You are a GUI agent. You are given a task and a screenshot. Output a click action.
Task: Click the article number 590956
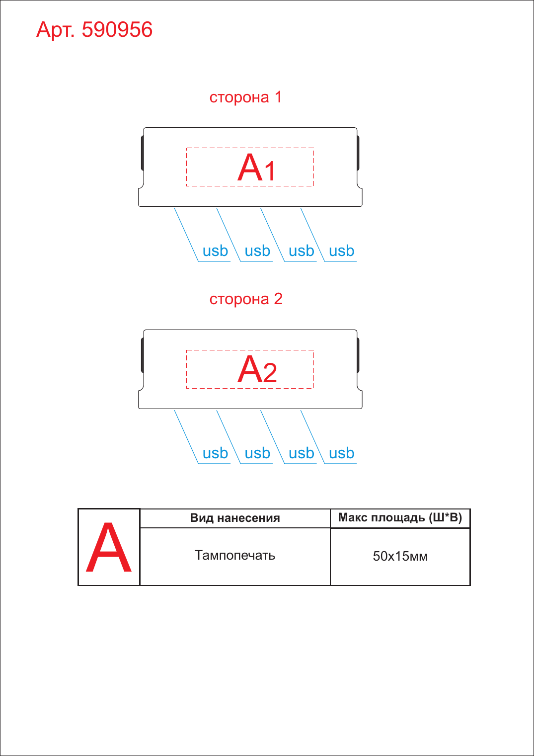pos(117,30)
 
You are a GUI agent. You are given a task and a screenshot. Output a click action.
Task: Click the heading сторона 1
pos(245,97)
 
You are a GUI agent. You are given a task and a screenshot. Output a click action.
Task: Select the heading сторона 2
pos(246,299)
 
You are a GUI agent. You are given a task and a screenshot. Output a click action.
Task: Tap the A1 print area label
pos(257,168)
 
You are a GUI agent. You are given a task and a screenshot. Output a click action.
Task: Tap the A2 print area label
pos(257,370)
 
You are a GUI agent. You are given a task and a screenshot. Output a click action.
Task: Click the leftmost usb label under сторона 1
pos(215,251)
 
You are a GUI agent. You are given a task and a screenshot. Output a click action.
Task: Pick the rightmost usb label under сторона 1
pos(341,251)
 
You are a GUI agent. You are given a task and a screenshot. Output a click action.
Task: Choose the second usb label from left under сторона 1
pos(257,251)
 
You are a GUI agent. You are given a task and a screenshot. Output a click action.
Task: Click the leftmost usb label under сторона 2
pos(215,453)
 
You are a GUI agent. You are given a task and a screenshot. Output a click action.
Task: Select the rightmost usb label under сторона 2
pos(341,453)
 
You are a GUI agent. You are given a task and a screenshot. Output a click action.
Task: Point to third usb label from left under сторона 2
pos(301,453)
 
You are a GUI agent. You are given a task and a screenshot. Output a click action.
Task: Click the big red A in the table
pos(109,547)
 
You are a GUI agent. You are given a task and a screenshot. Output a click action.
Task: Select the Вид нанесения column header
pos(235,518)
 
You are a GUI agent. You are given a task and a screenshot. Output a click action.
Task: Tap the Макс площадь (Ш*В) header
pos(400,518)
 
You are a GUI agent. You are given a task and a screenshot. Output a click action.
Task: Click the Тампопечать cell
pos(235,556)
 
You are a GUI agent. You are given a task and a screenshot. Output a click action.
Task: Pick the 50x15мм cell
pos(400,556)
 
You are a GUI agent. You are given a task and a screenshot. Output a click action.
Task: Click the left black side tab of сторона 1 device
pos(143,153)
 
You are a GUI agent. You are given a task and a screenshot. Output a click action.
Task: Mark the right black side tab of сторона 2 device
pos(358,355)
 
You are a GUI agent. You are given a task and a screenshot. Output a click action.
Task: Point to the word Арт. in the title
pos(55,30)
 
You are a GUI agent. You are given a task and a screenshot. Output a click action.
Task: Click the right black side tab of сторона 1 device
pos(358,153)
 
